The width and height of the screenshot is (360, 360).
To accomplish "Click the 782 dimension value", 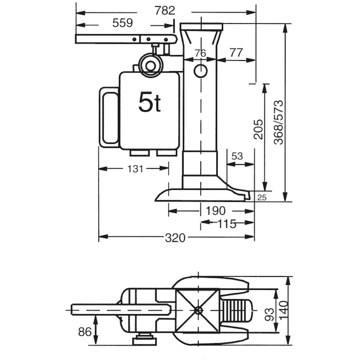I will (x=165, y=11).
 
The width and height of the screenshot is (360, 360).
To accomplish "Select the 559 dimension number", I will (x=123, y=23).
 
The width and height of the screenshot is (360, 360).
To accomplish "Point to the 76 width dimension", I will (x=200, y=53).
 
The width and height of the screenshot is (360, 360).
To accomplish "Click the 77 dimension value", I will (x=236, y=53).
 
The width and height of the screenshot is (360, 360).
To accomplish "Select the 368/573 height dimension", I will (x=278, y=122).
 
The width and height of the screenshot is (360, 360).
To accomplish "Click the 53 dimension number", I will (x=237, y=157).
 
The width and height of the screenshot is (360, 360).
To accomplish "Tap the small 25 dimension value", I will (x=262, y=197).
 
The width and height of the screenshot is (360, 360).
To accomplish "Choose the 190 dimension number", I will (x=216, y=211).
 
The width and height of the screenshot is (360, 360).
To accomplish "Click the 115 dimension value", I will (x=227, y=224).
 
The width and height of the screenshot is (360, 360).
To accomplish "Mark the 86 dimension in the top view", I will (x=85, y=332).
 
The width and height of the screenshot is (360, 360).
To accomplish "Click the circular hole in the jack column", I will (x=201, y=71).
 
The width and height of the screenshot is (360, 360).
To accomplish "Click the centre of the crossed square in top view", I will (x=198, y=310).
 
